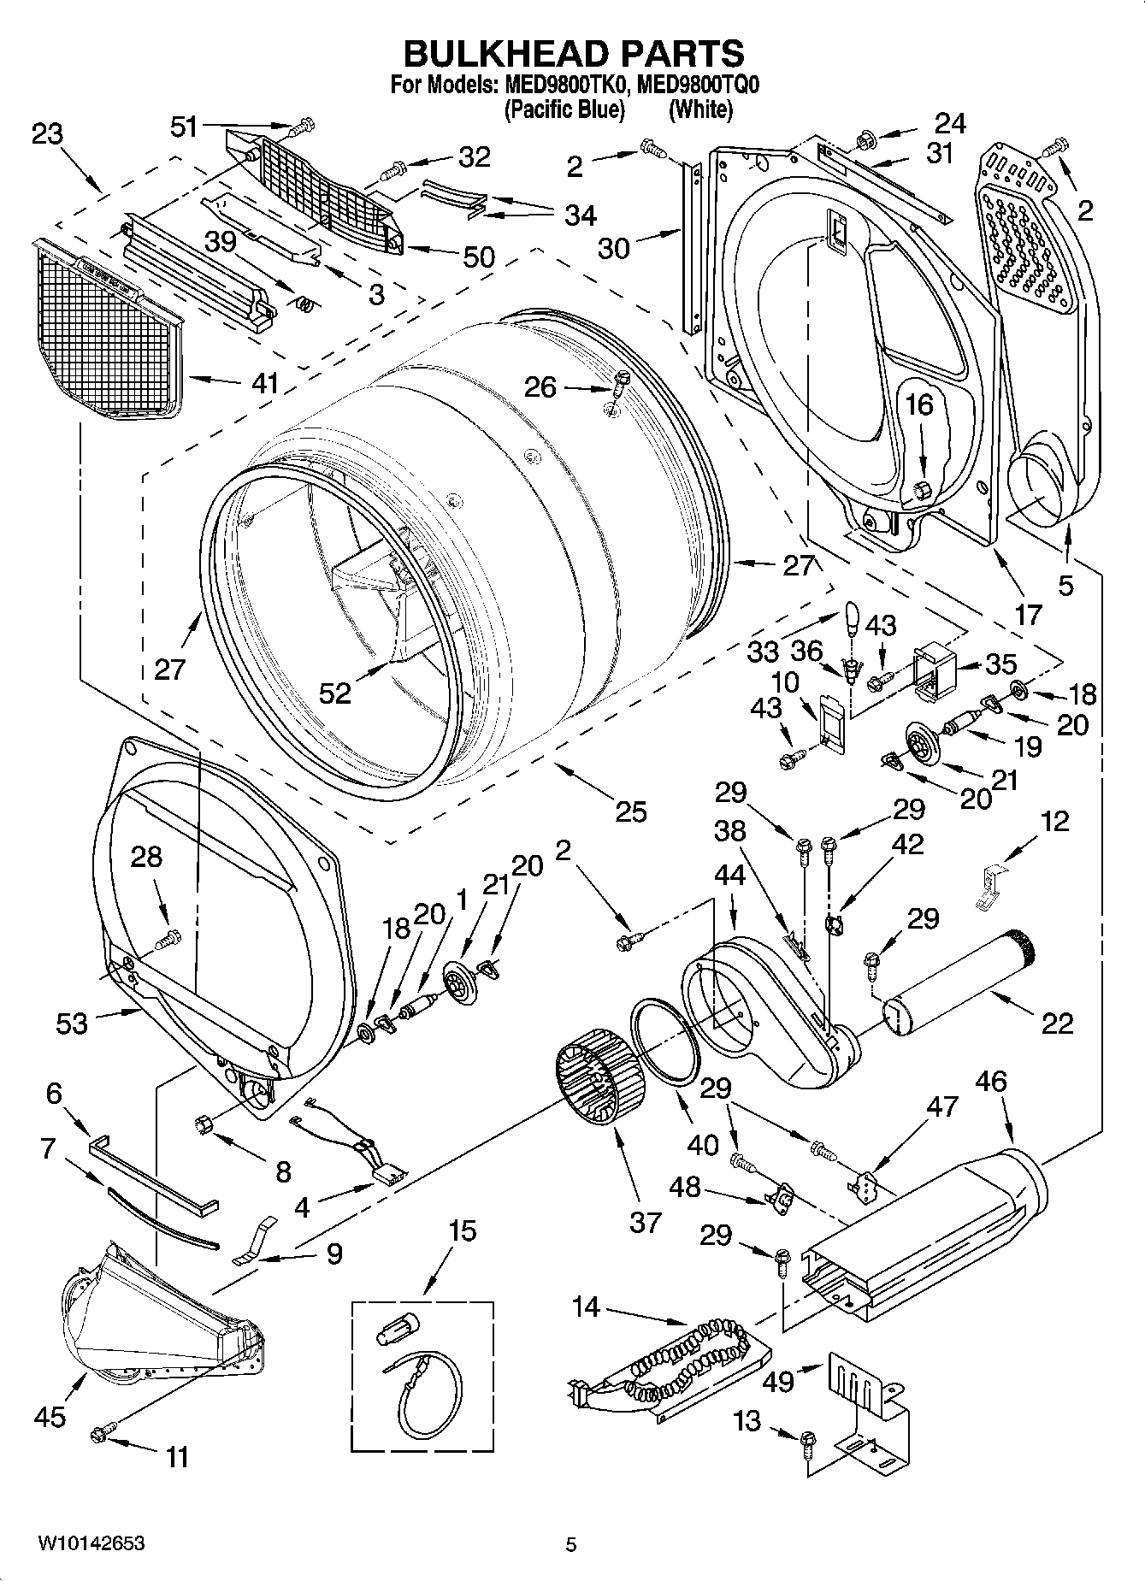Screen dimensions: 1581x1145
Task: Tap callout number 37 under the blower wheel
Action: pos(645,1222)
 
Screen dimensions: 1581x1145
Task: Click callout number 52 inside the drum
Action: pos(335,693)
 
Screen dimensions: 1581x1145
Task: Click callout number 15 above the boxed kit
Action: pos(463,1231)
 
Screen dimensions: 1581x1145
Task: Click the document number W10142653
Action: pos(90,1543)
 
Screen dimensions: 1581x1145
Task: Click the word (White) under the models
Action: pos(700,109)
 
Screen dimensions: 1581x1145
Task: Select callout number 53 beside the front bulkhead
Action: pos(72,1023)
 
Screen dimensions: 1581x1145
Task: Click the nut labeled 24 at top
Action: pos(865,138)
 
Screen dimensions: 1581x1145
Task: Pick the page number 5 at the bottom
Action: pos(571,1544)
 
